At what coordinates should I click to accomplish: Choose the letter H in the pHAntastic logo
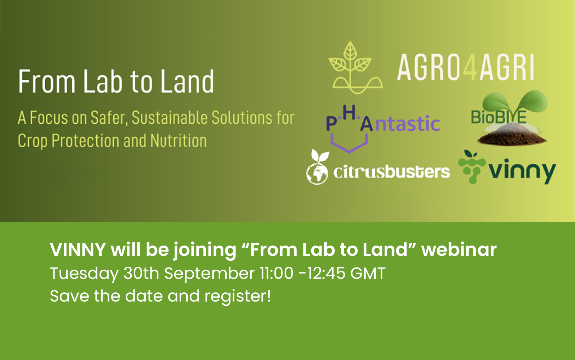[x=349, y=113]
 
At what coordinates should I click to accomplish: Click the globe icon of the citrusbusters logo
[x=317, y=174]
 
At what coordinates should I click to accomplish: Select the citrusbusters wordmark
[x=391, y=172]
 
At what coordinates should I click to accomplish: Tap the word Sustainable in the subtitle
[x=170, y=118]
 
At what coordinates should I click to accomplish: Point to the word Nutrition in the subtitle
[x=178, y=141]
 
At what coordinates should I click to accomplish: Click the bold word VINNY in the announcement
[x=78, y=249]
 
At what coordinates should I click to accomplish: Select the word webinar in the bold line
[x=459, y=249]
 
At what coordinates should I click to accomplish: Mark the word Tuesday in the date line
[x=84, y=274]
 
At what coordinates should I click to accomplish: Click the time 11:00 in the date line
[x=277, y=274]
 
